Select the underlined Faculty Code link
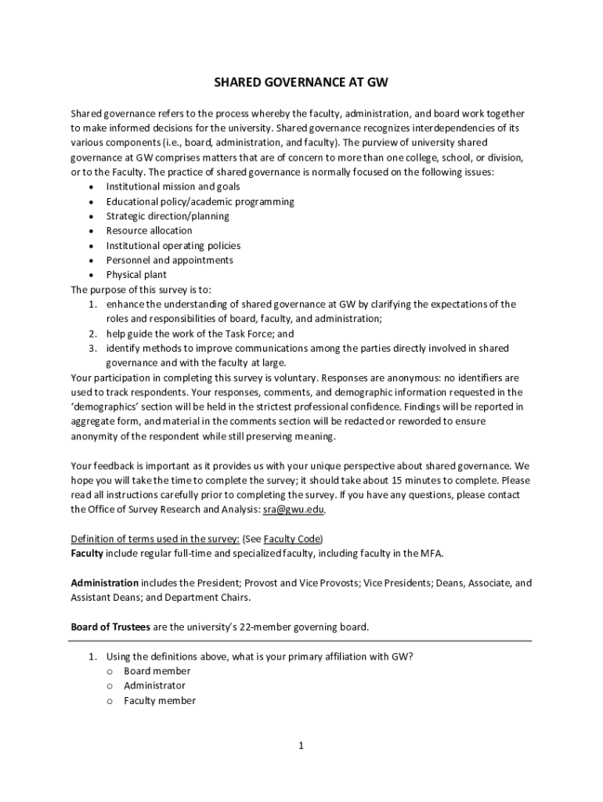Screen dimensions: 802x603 click(292, 539)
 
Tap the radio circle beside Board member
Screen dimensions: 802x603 click(110, 671)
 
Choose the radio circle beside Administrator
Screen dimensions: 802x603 click(110, 686)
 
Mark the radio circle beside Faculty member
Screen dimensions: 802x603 click(110, 701)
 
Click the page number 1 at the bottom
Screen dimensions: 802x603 click(301, 746)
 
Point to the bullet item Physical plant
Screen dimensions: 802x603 click(136, 275)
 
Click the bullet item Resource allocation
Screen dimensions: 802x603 click(149, 231)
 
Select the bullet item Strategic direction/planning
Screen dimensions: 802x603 click(168, 216)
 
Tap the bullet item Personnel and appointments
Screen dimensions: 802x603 click(169, 260)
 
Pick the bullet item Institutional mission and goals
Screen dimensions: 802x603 click(172, 187)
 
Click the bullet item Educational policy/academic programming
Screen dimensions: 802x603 click(200, 202)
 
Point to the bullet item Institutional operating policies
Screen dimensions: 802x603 click(173, 246)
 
